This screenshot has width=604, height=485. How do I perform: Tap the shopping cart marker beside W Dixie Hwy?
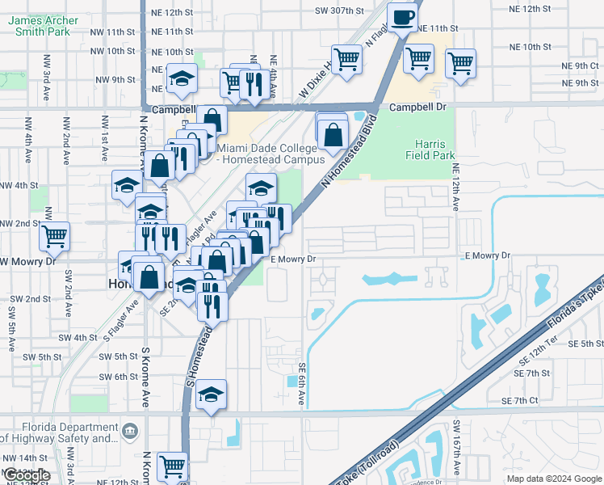tap(346, 59)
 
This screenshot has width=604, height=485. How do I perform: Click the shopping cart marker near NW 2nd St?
tap(55, 237)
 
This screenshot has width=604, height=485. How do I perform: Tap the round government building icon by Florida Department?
tap(129, 432)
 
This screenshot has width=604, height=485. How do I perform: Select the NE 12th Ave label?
tap(455, 188)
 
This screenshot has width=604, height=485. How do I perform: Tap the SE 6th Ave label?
tap(303, 384)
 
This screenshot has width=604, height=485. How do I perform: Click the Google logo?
tap(27, 475)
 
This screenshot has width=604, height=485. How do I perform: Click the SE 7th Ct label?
tap(519, 401)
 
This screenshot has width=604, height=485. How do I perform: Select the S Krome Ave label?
tap(146, 378)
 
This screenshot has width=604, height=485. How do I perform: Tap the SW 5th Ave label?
tap(10, 328)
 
